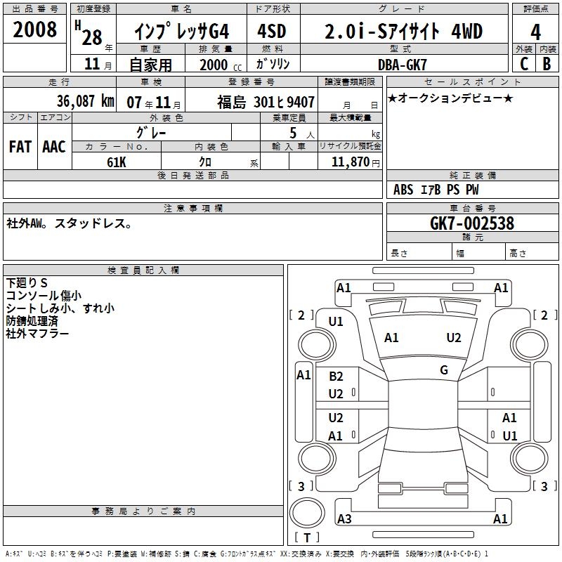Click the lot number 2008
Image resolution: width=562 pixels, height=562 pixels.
point(34,30)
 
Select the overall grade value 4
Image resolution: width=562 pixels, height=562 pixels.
point(535,32)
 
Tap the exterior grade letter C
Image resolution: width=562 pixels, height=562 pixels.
point(524,64)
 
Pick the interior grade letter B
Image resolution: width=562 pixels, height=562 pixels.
point(547,64)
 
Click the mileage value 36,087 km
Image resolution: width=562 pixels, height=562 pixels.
point(85,101)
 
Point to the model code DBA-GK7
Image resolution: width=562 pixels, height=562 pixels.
point(402,65)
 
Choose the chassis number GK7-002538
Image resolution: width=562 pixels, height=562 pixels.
point(471,223)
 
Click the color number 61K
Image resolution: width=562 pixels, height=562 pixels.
point(117,162)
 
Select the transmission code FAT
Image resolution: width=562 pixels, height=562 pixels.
point(20,147)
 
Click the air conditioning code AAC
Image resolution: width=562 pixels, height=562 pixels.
point(54,147)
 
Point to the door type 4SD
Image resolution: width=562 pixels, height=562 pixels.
point(272,31)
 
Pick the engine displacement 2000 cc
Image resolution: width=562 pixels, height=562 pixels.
point(221,65)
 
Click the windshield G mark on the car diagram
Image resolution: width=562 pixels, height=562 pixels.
point(444,370)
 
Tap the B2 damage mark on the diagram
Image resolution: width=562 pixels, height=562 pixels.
point(336,377)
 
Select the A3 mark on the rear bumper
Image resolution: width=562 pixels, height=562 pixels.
point(344,518)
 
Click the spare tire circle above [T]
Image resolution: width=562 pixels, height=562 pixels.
point(307,513)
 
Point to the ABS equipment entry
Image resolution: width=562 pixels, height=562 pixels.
point(403,190)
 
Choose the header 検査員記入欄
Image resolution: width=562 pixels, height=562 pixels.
point(143,270)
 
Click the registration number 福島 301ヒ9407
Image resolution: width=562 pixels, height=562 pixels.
point(266,102)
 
